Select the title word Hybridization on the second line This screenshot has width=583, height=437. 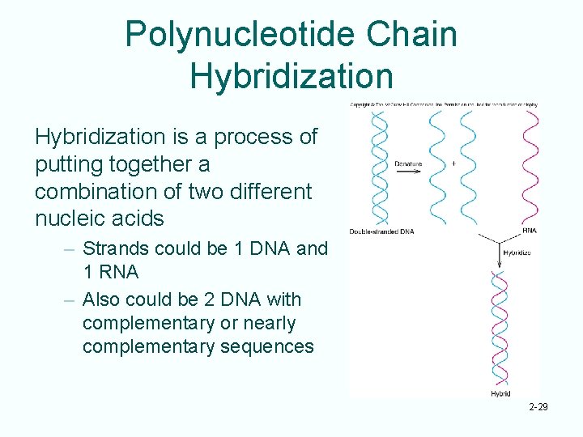291,75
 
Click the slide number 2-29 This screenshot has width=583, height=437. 537,406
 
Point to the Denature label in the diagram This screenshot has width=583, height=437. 408,164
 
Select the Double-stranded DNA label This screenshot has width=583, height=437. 381,231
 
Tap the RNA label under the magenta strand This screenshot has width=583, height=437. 530,231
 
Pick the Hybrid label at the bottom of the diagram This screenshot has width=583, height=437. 500,393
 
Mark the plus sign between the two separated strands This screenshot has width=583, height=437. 453,163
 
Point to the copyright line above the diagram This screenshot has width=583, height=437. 443,104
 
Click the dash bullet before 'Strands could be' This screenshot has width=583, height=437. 70,248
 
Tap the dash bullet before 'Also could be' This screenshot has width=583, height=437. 70,300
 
